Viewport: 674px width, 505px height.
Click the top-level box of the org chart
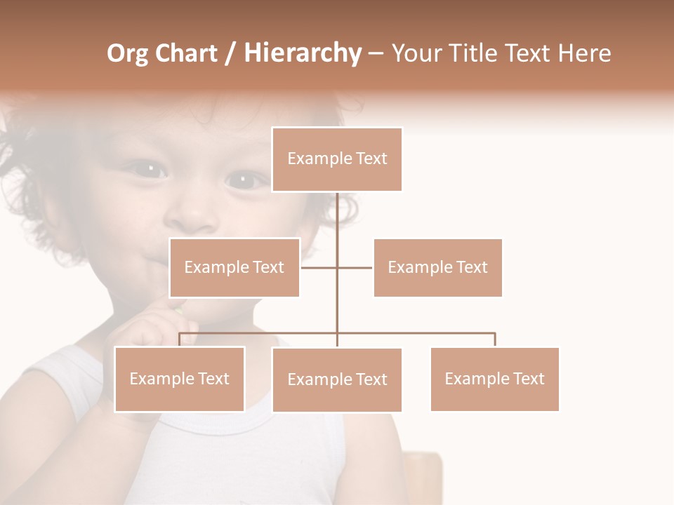[x=337, y=159]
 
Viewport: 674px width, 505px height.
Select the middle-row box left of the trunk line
[x=234, y=267]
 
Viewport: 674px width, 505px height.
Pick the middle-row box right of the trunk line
[x=437, y=267]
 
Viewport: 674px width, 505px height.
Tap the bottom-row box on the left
[x=180, y=379]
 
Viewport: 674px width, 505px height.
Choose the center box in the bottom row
[x=337, y=379]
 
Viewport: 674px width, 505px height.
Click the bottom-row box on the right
[x=494, y=379]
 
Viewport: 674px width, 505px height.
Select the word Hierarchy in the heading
[x=302, y=53]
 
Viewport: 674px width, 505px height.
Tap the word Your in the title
[x=416, y=53]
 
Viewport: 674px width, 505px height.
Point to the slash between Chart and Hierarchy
[x=230, y=54]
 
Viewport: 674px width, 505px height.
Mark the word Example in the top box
[x=312, y=159]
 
